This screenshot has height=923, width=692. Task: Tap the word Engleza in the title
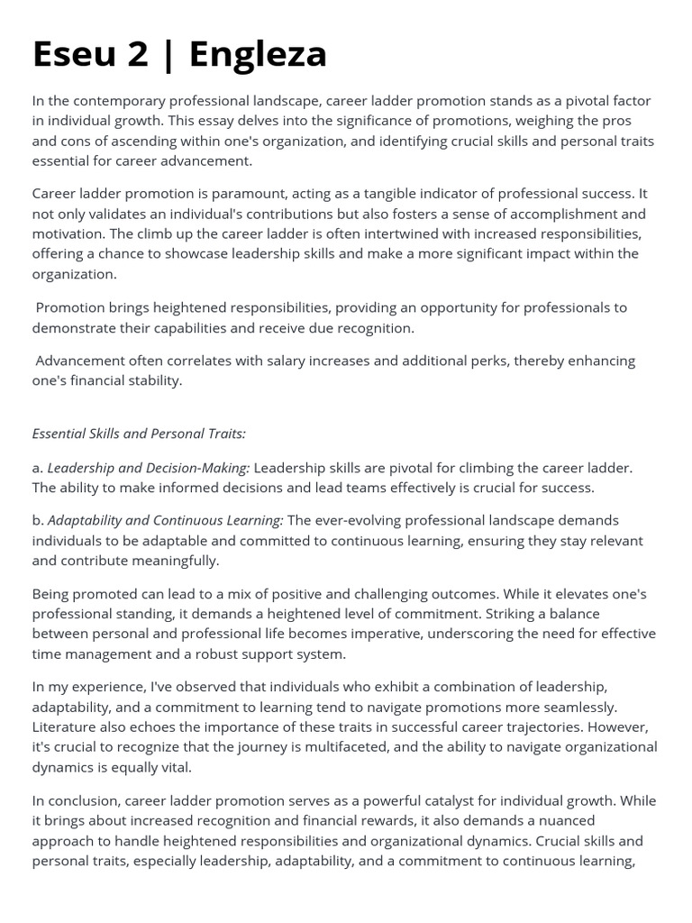pos(258,54)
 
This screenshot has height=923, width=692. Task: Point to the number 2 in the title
pos(138,54)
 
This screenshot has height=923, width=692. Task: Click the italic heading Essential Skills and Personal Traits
pos(139,434)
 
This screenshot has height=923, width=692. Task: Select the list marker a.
pos(37,468)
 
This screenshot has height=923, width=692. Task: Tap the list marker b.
pos(37,521)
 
